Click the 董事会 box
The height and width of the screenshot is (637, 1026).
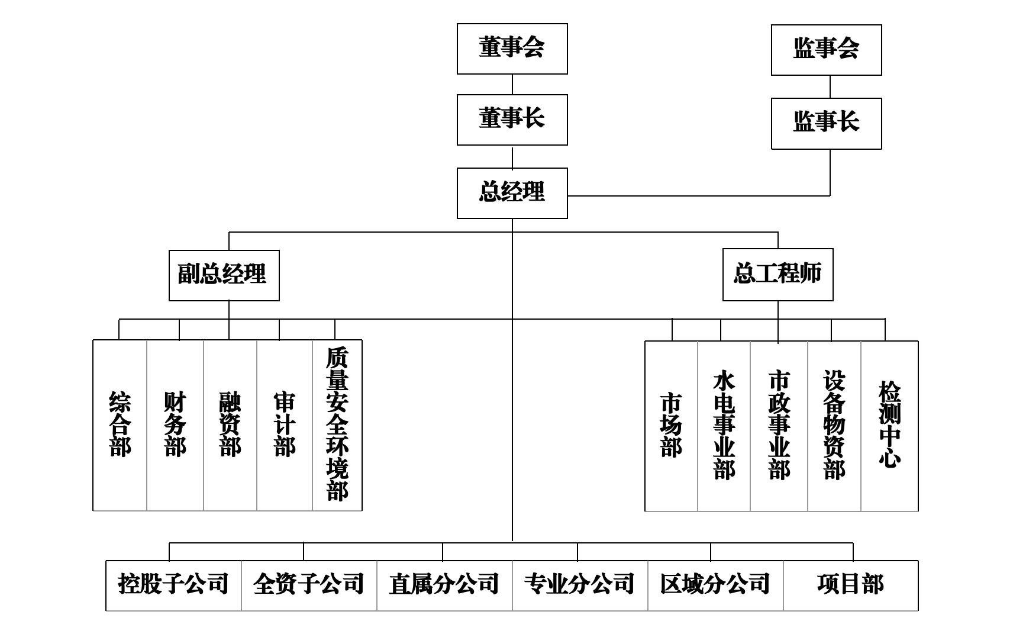(x=512, y=49)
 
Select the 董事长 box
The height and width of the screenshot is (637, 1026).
(x=512, y=120)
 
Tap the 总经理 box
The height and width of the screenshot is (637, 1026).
(x=512, y=193)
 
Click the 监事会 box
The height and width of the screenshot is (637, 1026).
(x=826, y=50)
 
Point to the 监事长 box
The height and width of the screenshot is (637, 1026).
(x=826, y=123)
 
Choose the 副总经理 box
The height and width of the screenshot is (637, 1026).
(x=224, y=275)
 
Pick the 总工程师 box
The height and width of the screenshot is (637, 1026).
(x=777, y=275)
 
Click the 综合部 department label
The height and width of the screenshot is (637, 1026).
(x=120, y=424)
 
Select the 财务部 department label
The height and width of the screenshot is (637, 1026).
(x=175, y=424)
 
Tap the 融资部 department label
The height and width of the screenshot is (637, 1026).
(x=230, y=424)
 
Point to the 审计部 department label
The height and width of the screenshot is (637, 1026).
(x=285, y=424)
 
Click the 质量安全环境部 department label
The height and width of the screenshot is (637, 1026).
(x=337, y=424)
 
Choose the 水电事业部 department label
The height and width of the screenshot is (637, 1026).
(x=724, y=424)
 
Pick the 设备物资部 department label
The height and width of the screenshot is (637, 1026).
(x=834, y=424)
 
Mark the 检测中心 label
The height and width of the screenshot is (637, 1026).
(x=889, y=424)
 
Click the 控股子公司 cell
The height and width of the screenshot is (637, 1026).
(x=173, y=585)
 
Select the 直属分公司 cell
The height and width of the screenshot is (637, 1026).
(x=444, y=585)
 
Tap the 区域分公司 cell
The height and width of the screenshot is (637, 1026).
(x=715, y=585)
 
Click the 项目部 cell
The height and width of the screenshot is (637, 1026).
(x=851, y=585)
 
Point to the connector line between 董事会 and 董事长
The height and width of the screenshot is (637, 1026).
(x=512, y=85)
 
